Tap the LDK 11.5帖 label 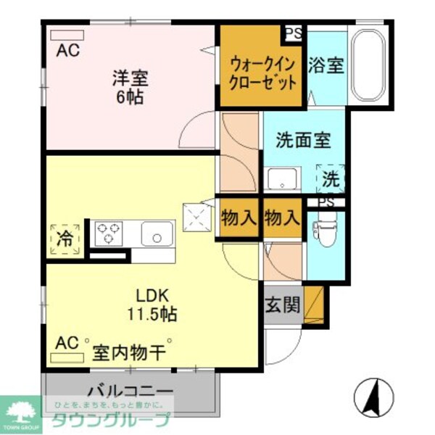pyautogui.click(x=153, y=305)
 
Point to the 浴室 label pyautogui.click(x=326, y=65)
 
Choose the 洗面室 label pyautogui.click(x=303, y=141)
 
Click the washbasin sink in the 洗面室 pyautogui.click(x=283, y=179)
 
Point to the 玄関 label pyautogui.click(x=282, y=305)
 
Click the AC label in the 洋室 pyautogui.click(x=68, y=50)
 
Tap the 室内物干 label pyautogui.click(x=129, y=354)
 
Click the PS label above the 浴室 pyautogui.click(x=294, y=33)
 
